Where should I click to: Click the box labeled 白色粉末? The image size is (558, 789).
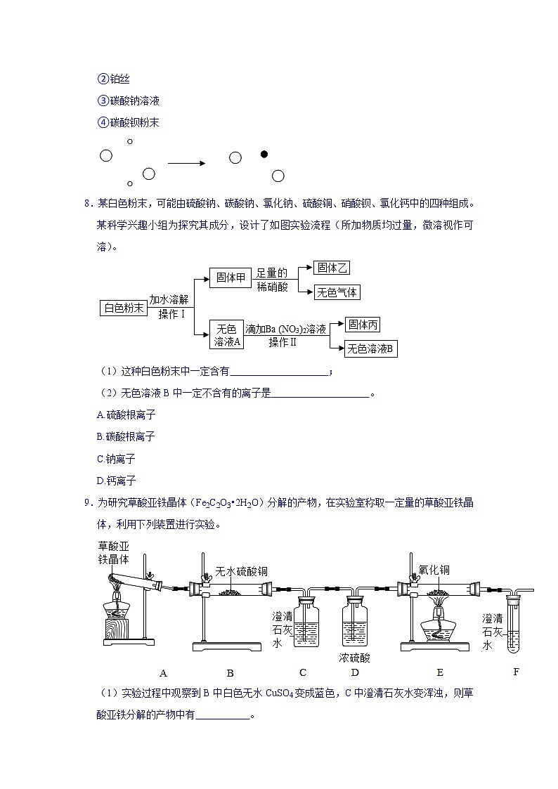tap(124, 308)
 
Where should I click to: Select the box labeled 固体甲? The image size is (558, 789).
tap(231, 278)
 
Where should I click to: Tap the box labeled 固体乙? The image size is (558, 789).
tap(332, 268)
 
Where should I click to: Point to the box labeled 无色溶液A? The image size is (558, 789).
tap(226, 334)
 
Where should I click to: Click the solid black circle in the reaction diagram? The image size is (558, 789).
tap(264, 154)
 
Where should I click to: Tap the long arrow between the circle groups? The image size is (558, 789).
tap(186, 163)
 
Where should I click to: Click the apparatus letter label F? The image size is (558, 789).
tap(516, 672)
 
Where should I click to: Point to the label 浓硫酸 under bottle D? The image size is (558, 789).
tap(354, 658)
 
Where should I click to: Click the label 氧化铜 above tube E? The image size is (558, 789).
tap(433, 571)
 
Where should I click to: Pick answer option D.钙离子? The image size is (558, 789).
tap(116, 481)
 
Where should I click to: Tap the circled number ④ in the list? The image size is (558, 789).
tap(103, 122)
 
